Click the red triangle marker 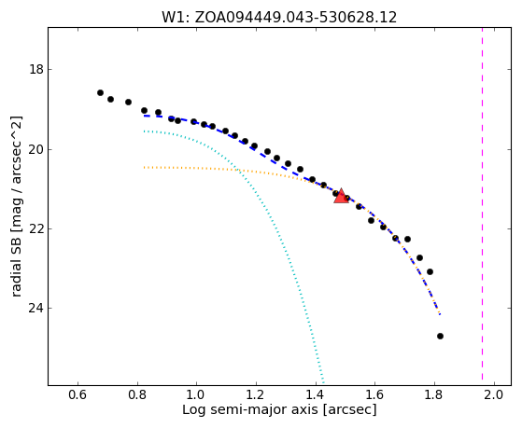[x=341, y=196]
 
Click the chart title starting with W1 [x=279, y=18]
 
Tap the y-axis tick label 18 [x=36, y=70]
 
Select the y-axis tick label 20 [x=36, y=149]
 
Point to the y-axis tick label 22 [x=36, y=228]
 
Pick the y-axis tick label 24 [x=36, y=309]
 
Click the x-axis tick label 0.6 [x=78, y=394]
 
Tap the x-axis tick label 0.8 [x=137, y=394]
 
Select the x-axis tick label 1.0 [x=196, y=394]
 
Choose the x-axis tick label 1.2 [x=256, y=394]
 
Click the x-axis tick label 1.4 [x=316, y=394]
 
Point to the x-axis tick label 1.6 [x=374, y=394]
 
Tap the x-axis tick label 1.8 [x=434, y=394]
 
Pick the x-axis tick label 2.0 [x=494, y=394]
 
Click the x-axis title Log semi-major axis [x=249, y=409]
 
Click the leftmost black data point [x=100, y=93]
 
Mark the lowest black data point [x=440, y=337]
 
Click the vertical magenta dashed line [x=482, y=203]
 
